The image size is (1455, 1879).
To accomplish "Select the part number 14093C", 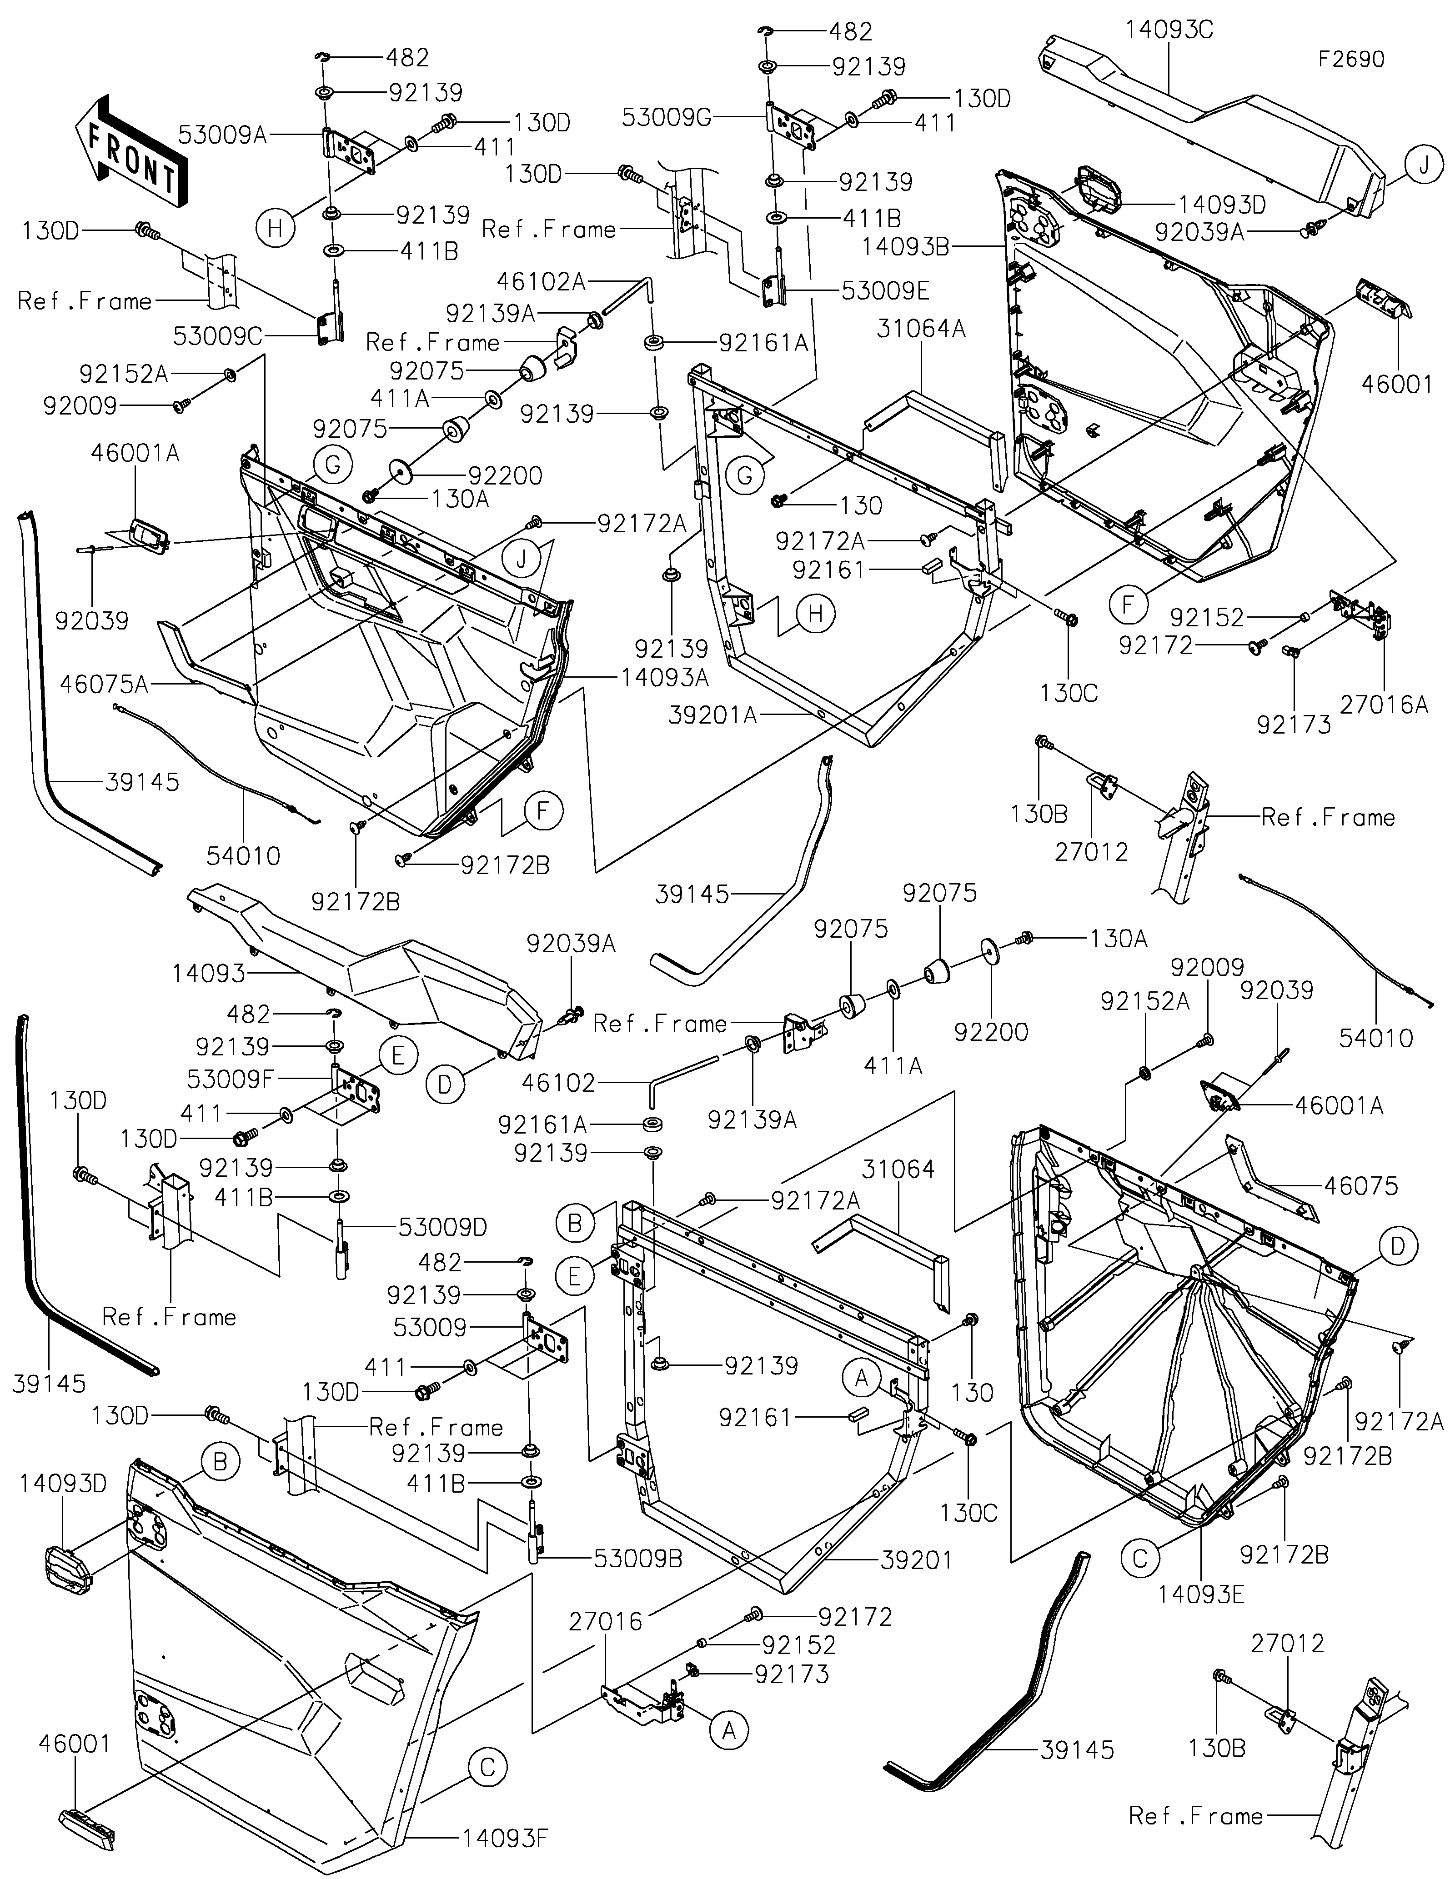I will tap(1169, 30).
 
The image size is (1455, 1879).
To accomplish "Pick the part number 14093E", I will tap(1201, 1618).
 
